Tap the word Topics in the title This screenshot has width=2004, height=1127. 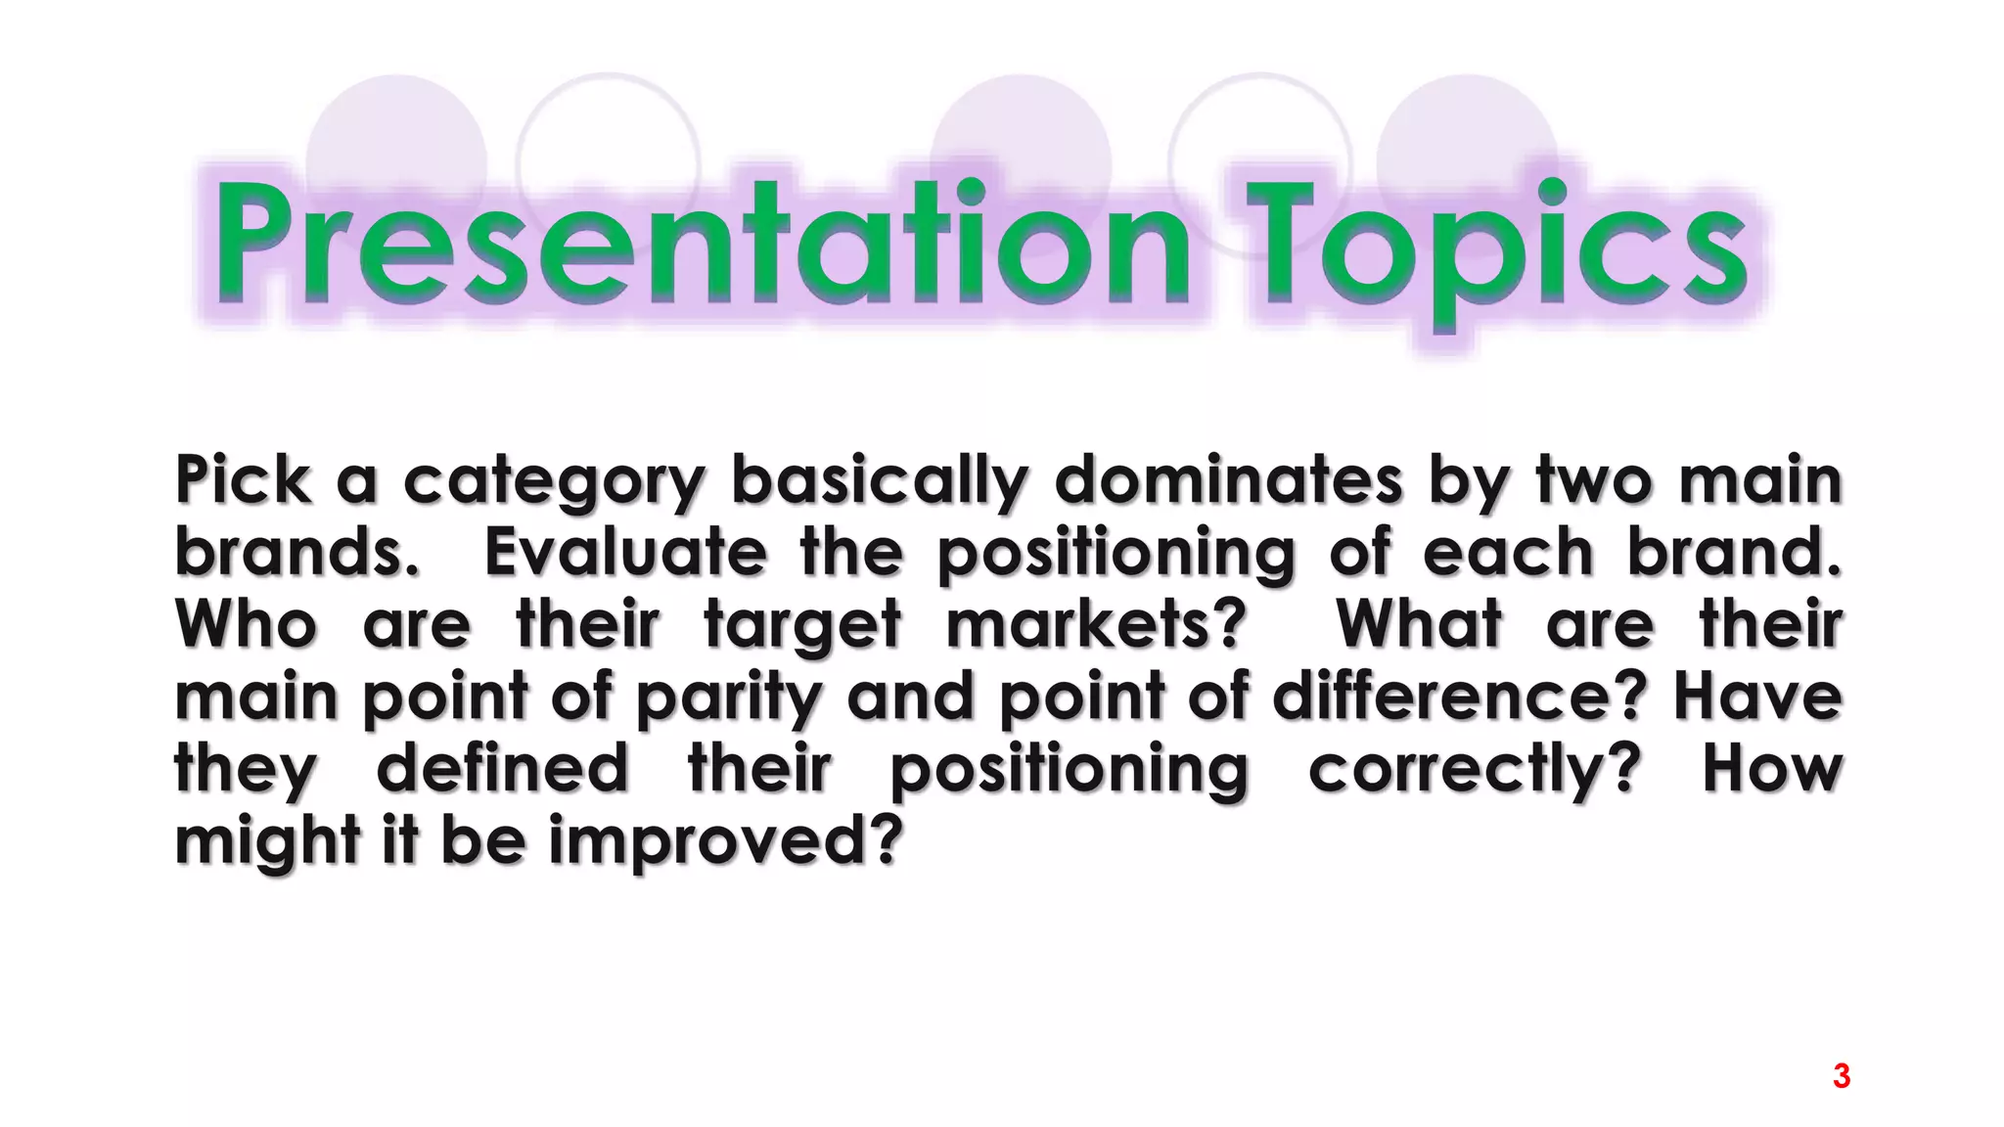point(1497,249)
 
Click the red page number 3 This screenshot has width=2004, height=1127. point(1841,1076)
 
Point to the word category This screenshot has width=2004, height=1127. point(554,481)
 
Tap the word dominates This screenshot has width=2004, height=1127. point(1228,479)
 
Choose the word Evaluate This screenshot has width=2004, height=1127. point(625,552)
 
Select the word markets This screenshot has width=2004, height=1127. point(1096,624)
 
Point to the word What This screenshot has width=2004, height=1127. point(1419,624)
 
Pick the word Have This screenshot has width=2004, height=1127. point(1757,697)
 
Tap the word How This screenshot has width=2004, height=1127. point(1772,769)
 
